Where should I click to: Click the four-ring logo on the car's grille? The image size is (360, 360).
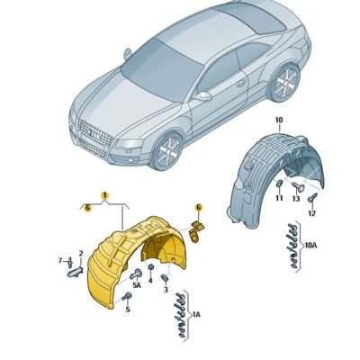click(91, 132)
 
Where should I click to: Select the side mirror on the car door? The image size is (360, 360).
click(204, 95)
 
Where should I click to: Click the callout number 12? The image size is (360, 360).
click(310, 213)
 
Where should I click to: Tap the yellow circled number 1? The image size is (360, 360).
click(104, 195)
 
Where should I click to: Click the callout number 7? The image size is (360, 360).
click(61, 260)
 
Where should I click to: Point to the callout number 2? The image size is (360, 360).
click(80, 254)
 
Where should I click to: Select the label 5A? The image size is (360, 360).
click(138, 285)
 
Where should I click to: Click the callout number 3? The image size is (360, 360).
click(166, 290)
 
